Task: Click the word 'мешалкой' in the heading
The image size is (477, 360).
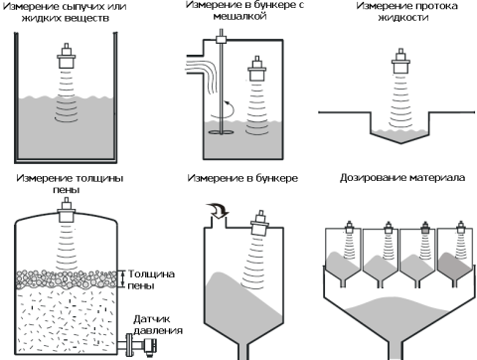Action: click(239, 16)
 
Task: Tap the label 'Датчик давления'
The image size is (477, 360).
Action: click(158, 325)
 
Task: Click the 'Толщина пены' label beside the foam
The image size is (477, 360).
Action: click(151, 279)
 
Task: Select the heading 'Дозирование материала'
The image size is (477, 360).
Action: click(402, 178)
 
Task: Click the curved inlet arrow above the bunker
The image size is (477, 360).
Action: click(217, 211)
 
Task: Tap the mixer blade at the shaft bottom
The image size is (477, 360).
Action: click(221, 132)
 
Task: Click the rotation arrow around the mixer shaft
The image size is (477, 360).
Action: click(223, 111)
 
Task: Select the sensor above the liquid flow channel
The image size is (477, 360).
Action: click(400, 61)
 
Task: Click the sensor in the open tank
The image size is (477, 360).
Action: click(67, 56)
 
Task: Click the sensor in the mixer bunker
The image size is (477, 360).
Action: click(257, 69)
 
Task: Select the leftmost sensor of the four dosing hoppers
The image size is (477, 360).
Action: click(350, 228)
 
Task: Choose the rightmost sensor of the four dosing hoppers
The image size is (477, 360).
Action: click(460, 228)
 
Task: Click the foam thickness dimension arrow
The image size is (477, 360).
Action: click(123, 278)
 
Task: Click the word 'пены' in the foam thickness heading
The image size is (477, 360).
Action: click(67, 190)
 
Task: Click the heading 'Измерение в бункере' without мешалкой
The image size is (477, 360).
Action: click(242, 178)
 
